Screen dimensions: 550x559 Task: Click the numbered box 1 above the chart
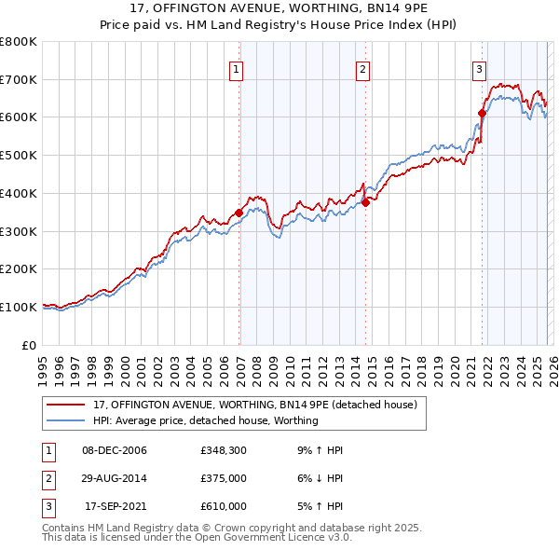click(237, 68)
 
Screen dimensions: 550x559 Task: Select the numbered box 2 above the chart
click(362, 68)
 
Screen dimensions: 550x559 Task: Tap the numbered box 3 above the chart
click(479, 68)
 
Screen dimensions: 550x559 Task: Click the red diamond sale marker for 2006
click(239, 213)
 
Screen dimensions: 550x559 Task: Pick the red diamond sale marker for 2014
click(366, 202)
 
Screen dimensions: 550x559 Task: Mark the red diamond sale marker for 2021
click(483, 113)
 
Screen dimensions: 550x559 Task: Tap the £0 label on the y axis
click(29, 345)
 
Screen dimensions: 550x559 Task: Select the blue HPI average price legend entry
click(205, 420)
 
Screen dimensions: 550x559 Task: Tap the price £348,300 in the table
click(223, 450)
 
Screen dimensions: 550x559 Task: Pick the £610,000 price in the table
click(223, 506)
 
